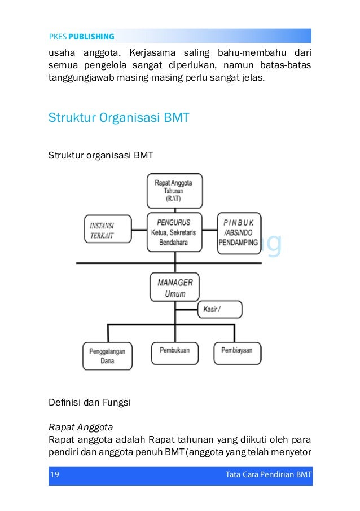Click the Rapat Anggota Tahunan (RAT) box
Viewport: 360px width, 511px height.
click(175, 191)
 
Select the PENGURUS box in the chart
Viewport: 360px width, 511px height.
click(174, 232)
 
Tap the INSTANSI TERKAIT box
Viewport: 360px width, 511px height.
click(108, 229)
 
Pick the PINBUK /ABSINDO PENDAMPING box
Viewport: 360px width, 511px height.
click(239, 233)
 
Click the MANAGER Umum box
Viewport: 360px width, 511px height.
click(174, 287)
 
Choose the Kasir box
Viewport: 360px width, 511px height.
click(220, 309)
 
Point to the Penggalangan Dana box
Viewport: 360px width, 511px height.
click(107, 356)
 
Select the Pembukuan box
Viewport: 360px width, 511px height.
click(175, 353)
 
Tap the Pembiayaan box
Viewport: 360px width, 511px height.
click(238, 353)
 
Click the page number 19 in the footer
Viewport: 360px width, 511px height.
click(55, 474)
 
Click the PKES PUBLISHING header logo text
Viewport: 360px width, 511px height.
click(81, 37)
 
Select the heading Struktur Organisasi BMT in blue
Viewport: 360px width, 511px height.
click(118, 118)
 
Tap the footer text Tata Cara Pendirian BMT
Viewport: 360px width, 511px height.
click(269, 474)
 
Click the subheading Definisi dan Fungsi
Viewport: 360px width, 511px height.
click(89, 403)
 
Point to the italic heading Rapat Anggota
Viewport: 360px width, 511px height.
click(81, 428)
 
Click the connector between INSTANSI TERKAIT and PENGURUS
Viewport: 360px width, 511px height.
click(139, 230)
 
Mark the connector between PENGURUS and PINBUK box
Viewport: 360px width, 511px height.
click(210, 230)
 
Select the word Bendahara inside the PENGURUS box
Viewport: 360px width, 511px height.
click(173, 243)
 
